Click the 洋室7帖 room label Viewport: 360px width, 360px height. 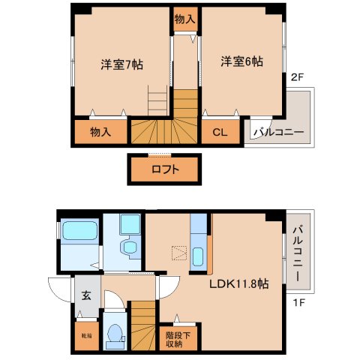coord(121,64)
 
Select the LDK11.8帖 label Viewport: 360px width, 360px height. coord(238,284)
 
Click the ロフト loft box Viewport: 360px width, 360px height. coord(165,169)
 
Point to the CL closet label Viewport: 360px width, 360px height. coord(220,132)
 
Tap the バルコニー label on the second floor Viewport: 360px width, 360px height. coord(277,133)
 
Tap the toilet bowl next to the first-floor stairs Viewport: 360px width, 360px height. coord(114,336)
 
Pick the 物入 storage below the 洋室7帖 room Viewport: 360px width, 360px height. coord(101,132)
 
